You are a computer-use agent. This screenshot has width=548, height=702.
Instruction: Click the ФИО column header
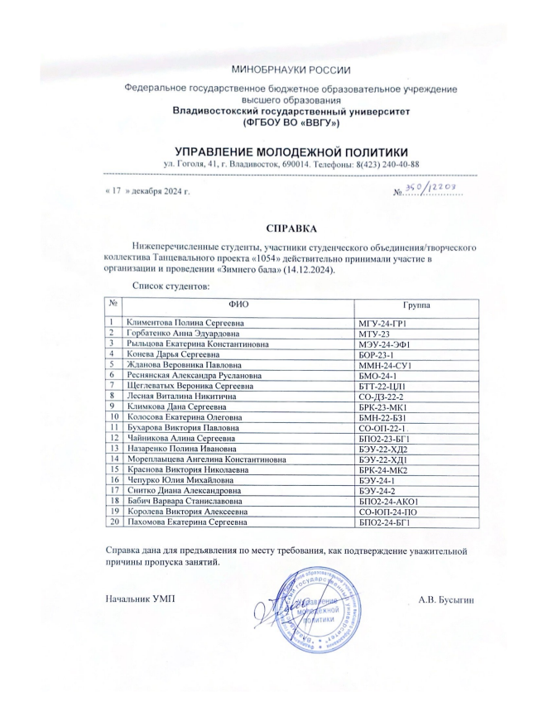[238, 305]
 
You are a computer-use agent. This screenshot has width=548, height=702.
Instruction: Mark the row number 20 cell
[111, 522]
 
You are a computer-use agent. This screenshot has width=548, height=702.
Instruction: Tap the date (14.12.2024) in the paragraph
[310, 271]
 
